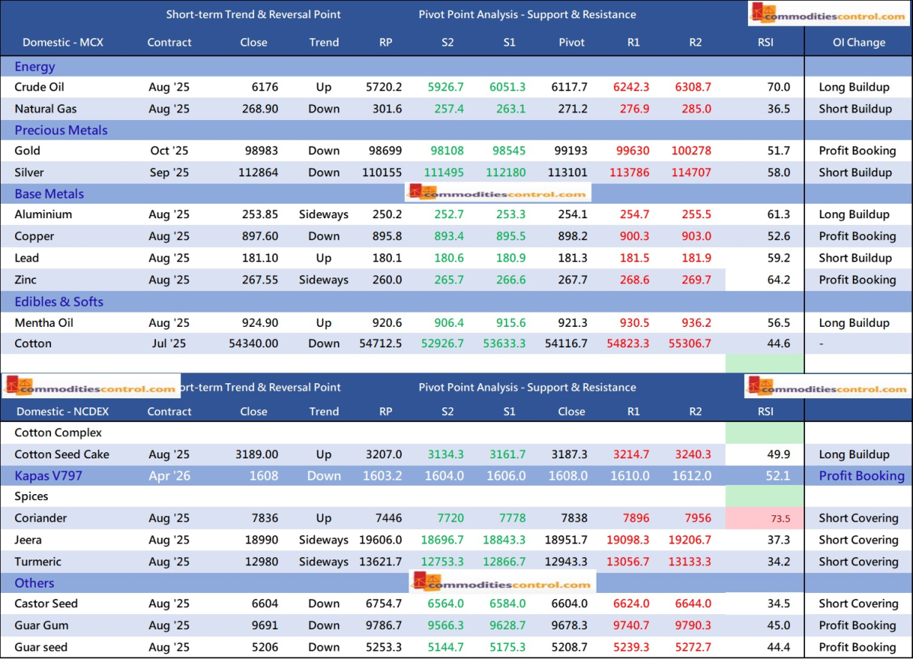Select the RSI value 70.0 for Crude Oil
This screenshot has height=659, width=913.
(x=779, y=87)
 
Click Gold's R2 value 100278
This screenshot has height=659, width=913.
(x=691, y=150)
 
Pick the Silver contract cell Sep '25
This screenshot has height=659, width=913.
(x=170, y=173)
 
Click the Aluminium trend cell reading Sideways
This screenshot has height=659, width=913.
(x=323, y=214)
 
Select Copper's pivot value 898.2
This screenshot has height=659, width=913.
(x=572, y=236)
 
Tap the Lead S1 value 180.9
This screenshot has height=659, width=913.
(x=510, y=258)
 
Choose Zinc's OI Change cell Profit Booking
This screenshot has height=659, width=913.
(x=857, y=280)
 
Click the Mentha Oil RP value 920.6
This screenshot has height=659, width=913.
(x=386, y=323)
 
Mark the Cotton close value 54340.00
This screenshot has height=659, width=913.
(x=253, y=344)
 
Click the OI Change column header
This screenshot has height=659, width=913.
(x=858, y=43)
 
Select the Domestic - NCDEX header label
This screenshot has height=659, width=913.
(x=63, y=411)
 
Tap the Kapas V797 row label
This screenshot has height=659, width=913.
(x=48, y=476)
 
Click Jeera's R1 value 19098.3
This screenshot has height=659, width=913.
(x=628, y=540)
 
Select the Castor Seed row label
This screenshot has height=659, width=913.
(x=46, y=604)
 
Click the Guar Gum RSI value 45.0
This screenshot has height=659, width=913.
(x=779, y=626)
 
